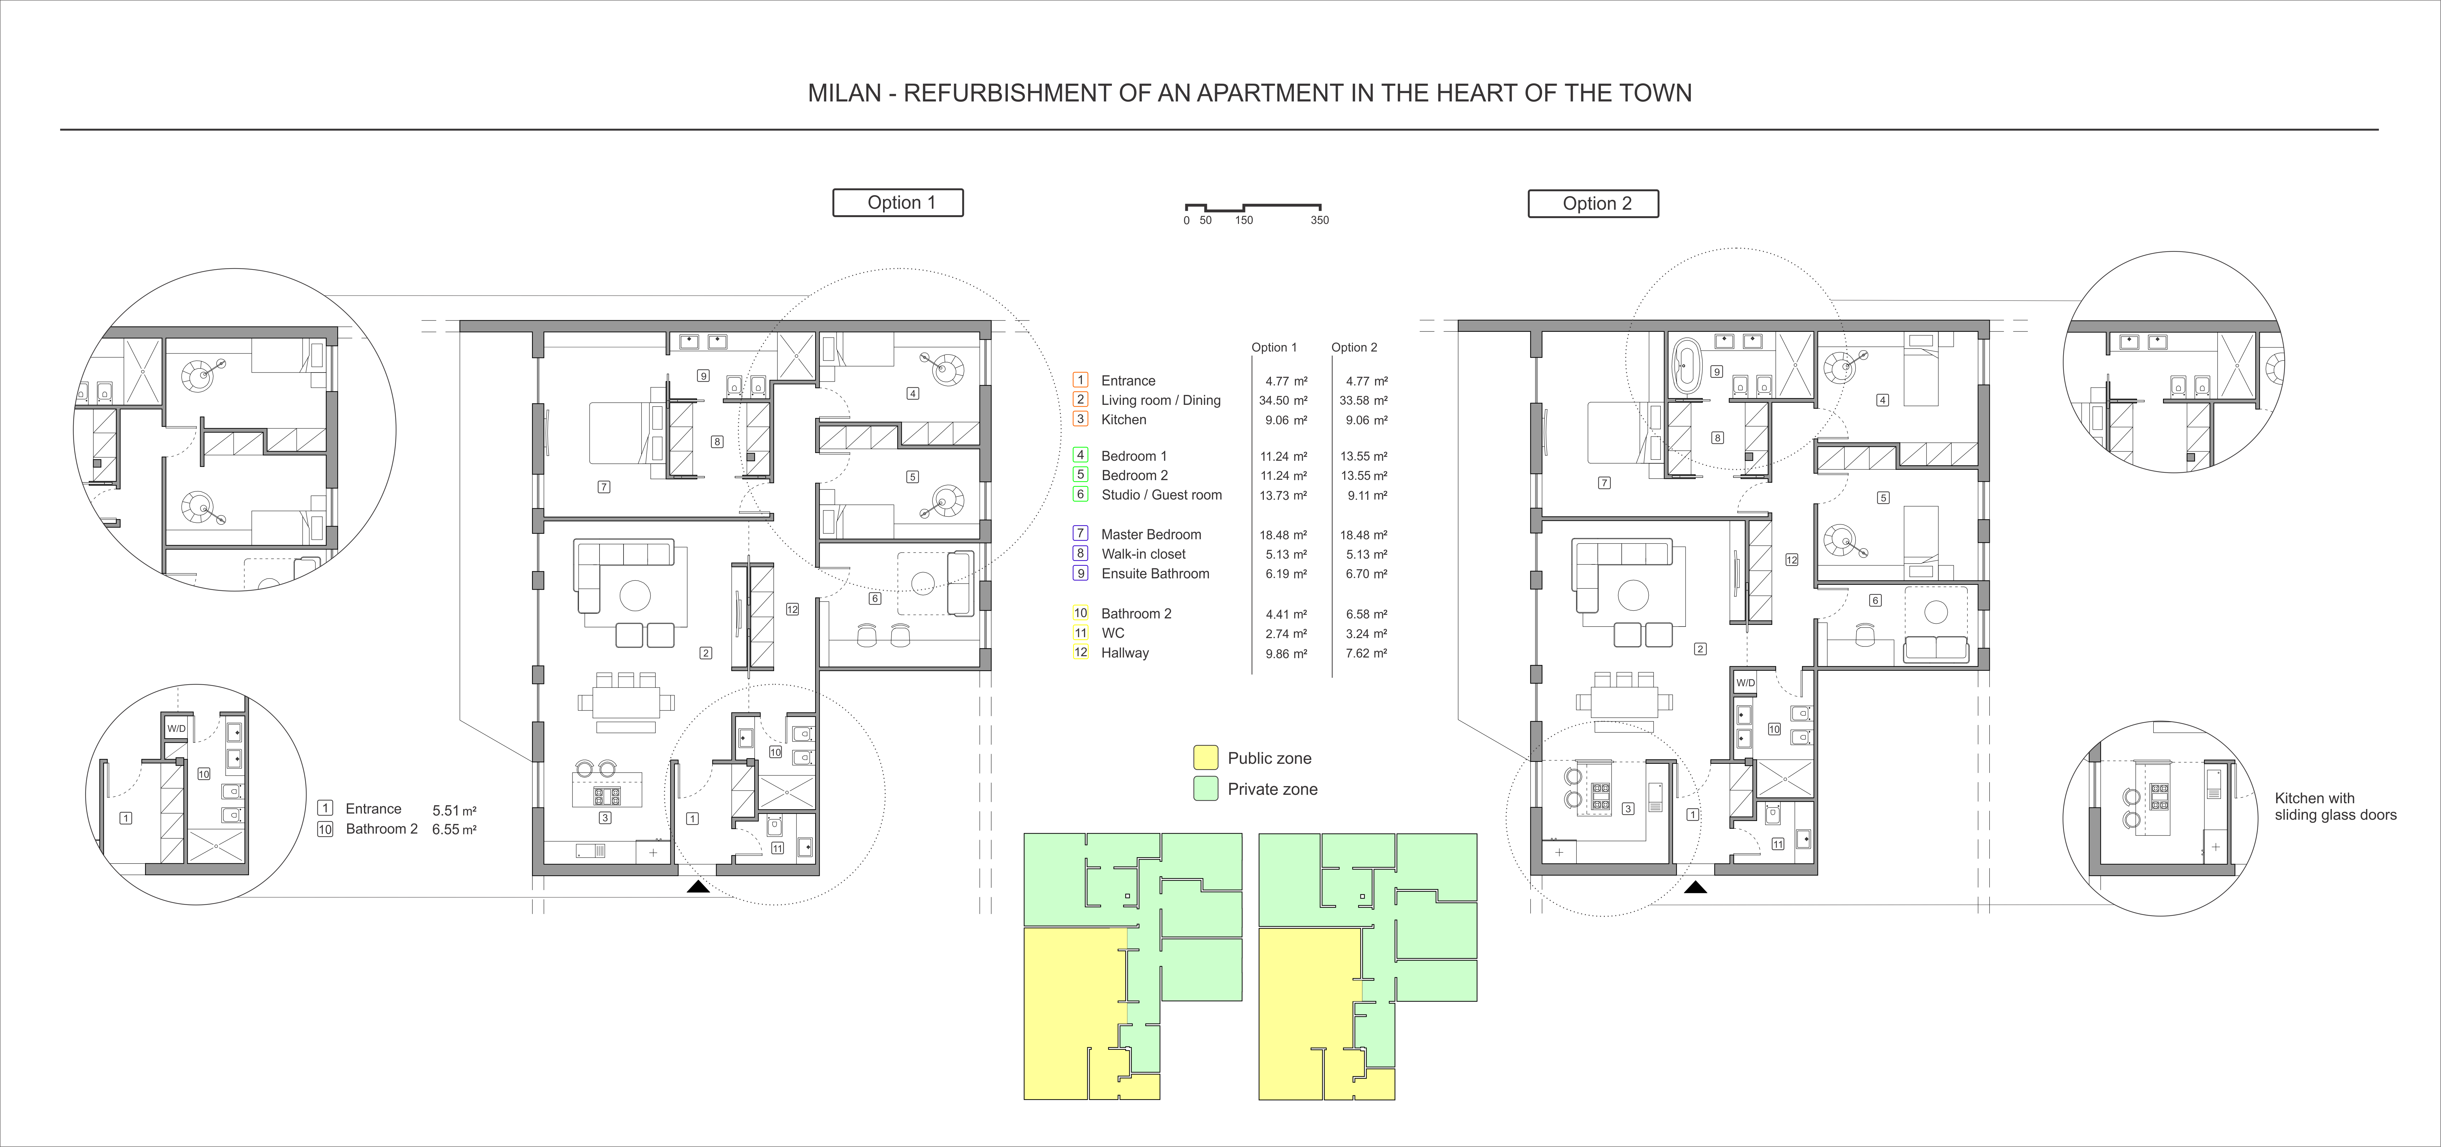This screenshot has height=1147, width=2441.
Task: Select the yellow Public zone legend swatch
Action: (1205, 758)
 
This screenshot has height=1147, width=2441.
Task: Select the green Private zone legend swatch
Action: (1205, 789)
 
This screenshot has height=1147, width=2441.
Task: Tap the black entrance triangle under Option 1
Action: (698, 887)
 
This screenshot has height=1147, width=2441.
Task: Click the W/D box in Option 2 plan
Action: (1745, 682)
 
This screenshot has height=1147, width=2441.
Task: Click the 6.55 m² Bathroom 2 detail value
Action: (454, 830)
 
